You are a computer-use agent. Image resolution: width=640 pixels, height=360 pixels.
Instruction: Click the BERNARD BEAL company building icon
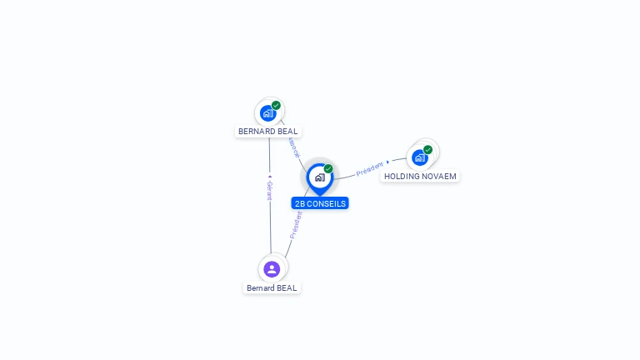click(267, 112)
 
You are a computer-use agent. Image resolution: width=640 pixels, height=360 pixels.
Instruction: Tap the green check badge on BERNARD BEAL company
click(276, 106)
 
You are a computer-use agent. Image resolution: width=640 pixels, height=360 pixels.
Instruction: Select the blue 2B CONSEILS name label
click(320, 203)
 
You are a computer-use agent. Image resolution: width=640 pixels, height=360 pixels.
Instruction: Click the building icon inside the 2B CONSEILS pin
click(319, 177)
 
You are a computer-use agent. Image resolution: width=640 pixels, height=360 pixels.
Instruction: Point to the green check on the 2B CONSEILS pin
click(328, 169)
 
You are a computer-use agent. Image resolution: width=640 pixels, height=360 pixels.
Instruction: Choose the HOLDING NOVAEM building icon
click(419, 157)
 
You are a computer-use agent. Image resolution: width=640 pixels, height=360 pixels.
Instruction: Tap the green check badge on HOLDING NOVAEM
click(427, 150)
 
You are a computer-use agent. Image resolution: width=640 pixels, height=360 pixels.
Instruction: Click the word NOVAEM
click(439, 177)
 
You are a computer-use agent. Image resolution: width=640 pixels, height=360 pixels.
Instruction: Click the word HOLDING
click(402, 177)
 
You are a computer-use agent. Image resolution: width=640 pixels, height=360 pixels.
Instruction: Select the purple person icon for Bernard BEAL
click(271, 269)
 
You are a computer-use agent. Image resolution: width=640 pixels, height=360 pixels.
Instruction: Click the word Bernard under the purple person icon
click(260, 288)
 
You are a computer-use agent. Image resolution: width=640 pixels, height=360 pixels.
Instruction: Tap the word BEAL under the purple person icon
click(286, 288)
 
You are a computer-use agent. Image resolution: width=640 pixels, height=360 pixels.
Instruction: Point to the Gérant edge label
click(269, 191)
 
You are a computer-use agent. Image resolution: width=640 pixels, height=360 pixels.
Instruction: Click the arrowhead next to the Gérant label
click(269, 177)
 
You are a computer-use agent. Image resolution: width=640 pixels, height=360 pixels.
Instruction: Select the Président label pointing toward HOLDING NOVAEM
click(369, 170)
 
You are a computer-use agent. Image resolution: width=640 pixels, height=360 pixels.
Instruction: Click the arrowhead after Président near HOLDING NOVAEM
click(388, 162)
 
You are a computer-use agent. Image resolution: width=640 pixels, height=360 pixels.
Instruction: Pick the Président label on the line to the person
click(295, 225)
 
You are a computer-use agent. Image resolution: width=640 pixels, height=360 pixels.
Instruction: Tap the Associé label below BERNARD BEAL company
click(294, 147)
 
